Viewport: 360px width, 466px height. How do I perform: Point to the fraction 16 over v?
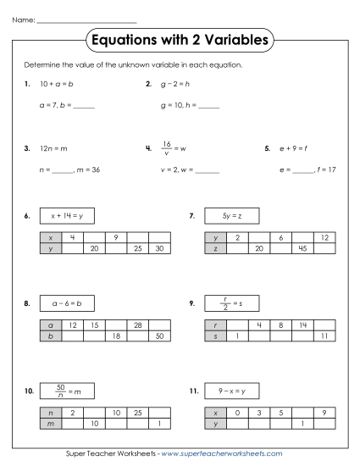pyautogui.click(x=167, y=148)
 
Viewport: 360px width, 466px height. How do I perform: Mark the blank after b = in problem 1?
pyautogui.click(x=84, y=107)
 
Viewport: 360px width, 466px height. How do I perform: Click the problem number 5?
pyautogui.click(x=267, y=148)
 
